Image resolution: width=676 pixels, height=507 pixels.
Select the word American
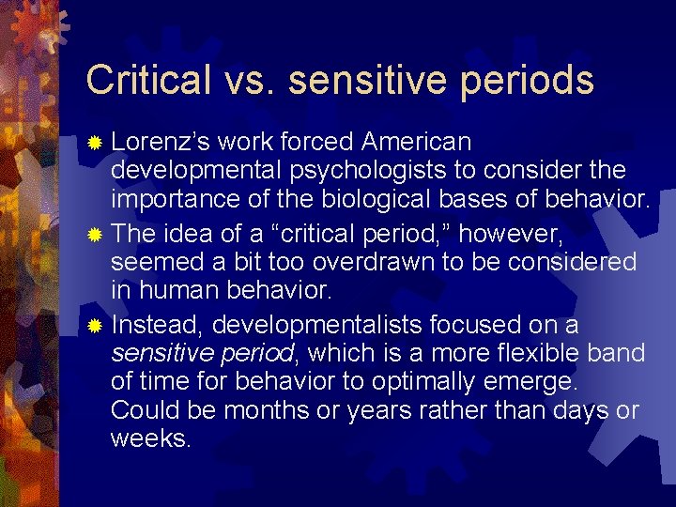pos(416,142)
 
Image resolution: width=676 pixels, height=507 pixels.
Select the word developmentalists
pos(316,325)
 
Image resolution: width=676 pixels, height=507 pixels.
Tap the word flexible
pos(539,354)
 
